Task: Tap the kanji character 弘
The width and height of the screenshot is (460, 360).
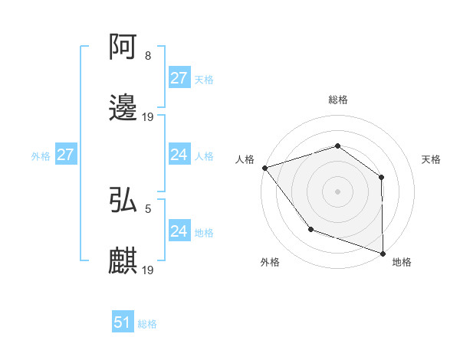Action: [x=123, y=200]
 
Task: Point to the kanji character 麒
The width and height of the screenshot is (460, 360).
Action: [x=123, y=261]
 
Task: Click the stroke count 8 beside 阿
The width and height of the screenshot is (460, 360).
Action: [x=148, y=56]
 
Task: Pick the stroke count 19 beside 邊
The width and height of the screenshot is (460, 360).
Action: [x=148, y=117]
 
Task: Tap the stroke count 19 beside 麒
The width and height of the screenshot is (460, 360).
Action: [x=148, y=270]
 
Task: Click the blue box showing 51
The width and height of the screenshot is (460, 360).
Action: [x=123, y=322]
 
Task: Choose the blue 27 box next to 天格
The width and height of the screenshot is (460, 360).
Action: [x=179, y=78]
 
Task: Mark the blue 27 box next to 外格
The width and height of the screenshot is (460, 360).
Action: [x=65, y=155]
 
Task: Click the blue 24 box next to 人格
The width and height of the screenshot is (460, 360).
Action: [x=179, y=155]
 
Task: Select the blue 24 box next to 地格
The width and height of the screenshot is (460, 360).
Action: [x=179, y=231]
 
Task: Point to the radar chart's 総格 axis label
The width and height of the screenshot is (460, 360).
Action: [x=337, y=100]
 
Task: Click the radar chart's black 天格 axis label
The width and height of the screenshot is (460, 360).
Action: [x=432, y=159]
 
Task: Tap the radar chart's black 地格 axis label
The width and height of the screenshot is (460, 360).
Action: [x=402, y=263]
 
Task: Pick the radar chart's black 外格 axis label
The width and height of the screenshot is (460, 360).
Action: [x=270, y=263]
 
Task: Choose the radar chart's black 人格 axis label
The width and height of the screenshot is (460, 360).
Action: [x=245, y=159]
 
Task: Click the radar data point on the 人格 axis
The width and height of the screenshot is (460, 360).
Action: [x=264, y=168]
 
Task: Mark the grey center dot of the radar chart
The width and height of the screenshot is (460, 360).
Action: [x=337, y=191]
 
